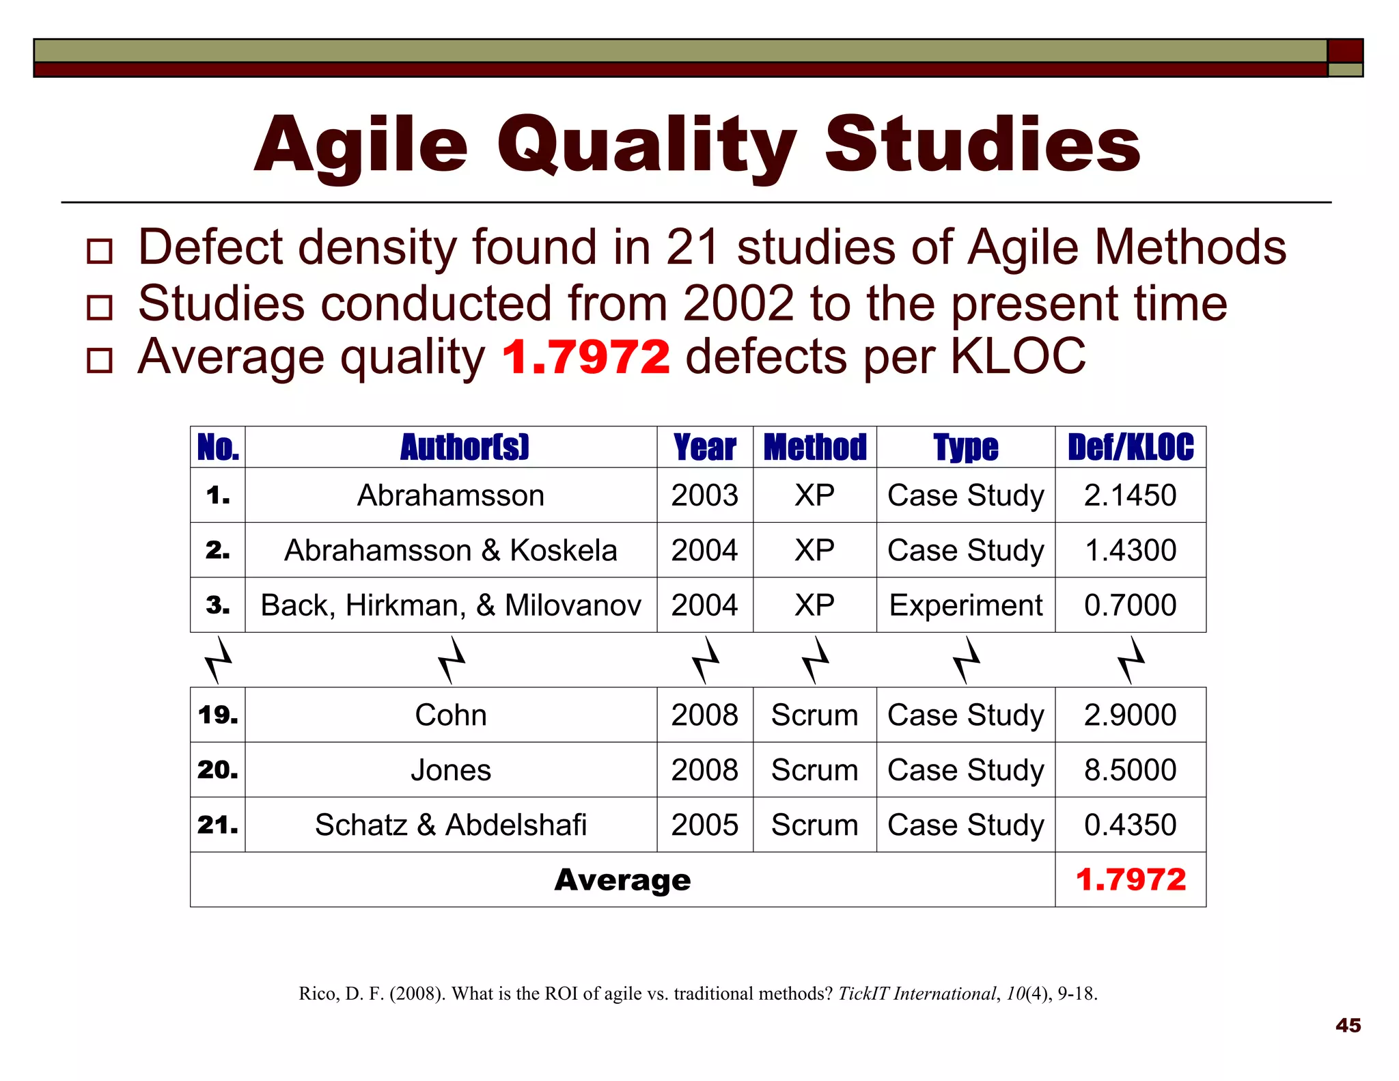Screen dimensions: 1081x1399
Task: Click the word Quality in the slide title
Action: point(646,145)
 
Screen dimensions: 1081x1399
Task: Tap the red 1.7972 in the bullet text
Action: point(585,357)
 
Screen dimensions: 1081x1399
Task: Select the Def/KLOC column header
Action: point(1131,448)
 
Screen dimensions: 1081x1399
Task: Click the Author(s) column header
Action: point(465,448)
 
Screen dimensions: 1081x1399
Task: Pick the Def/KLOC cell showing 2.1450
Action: point(1131,495)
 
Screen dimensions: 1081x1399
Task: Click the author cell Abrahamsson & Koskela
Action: point(451,551)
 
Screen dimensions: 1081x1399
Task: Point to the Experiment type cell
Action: point(966,605)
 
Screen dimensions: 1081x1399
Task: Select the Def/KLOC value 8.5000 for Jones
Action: point(1131,770)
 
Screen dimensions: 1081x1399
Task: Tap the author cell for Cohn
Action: point(451,715)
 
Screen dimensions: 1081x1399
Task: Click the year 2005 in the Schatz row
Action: point(704,825)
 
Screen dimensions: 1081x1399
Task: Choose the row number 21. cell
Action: point(218,825)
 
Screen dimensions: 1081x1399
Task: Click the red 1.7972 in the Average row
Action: point(1131,880)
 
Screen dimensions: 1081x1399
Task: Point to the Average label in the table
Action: point(622,880)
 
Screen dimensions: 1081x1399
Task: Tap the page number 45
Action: point(1348,1025)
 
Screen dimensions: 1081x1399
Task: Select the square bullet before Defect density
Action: point(100,251)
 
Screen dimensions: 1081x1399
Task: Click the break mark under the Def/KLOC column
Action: point(1131,660)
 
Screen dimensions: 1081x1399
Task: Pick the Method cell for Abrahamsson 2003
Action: point(814,495)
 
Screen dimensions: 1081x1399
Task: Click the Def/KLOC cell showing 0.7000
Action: point(1131,605)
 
